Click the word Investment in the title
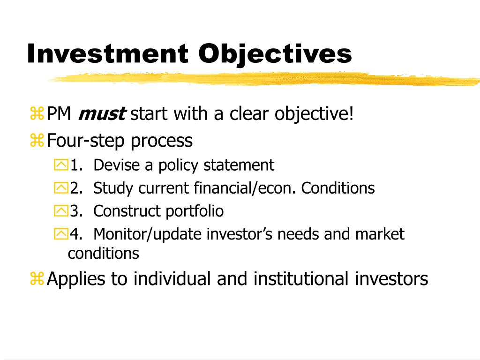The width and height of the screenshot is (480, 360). pos(107,53)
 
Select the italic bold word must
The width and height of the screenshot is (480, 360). pos(102,113)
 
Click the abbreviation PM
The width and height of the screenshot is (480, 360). pos(59,113)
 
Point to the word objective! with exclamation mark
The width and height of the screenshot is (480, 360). pos(314,114)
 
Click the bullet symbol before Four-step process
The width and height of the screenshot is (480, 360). pos(37,141)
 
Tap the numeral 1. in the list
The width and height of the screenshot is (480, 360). pos(76,165)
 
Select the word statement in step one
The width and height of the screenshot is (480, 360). pos(239,165)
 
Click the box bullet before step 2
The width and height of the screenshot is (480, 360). pos(61,187)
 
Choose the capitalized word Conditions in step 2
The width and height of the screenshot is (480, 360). pos(338,188)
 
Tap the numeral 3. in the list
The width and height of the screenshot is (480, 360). pos(76,211)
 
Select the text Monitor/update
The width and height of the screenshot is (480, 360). pos(148,234)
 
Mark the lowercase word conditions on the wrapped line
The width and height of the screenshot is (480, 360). pos(104,254)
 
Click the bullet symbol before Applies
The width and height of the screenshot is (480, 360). pos(37,278)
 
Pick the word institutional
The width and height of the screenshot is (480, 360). pos(301,278)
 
